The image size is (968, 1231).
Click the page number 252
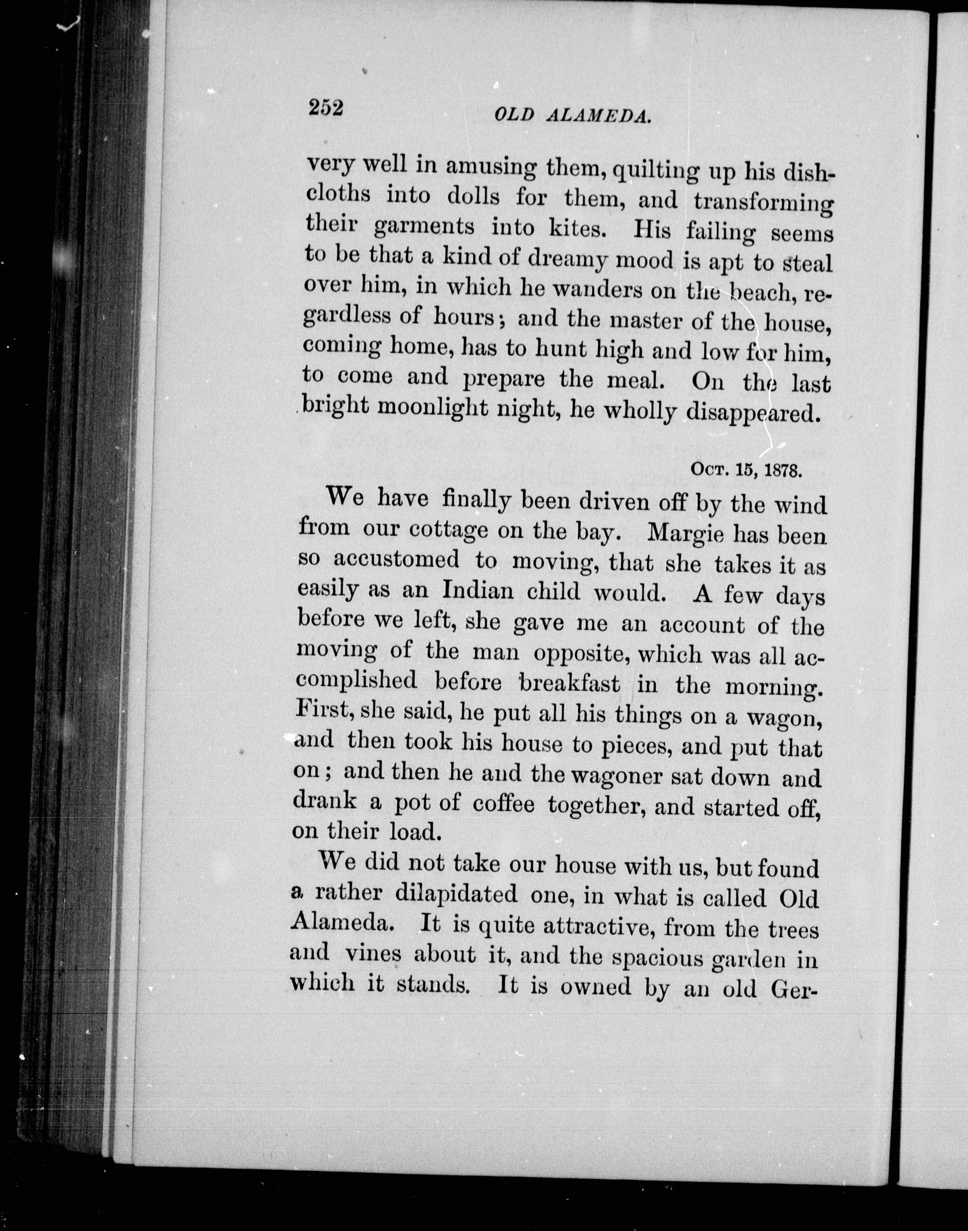point(326,107)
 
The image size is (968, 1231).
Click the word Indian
point(478,591)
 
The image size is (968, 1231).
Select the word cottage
point(448,530)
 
